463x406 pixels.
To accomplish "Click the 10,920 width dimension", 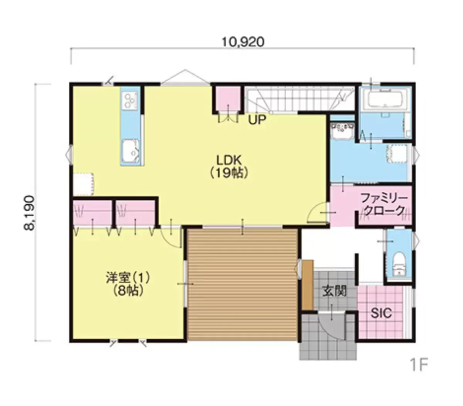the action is tap(243, 42).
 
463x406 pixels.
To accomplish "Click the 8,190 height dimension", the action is tap(30, 213).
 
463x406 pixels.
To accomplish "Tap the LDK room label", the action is tap(229, 160).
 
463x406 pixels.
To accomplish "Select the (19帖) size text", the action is tap(229, 174).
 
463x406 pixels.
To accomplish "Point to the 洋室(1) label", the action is tap(128, 278).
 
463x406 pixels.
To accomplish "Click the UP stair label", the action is tap(257, 120).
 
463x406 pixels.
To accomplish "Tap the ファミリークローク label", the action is tap(384, 204).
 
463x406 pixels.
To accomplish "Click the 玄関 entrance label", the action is tap(335, 291).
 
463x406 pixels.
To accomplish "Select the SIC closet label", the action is tap(381, 313).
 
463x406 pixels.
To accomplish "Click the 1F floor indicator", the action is tap(419, 365).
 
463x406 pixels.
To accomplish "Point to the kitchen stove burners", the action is tap(130, 101).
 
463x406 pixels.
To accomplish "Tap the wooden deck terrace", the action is tap(243, 285).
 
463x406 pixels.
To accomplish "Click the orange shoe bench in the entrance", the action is tap(308, 285).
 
